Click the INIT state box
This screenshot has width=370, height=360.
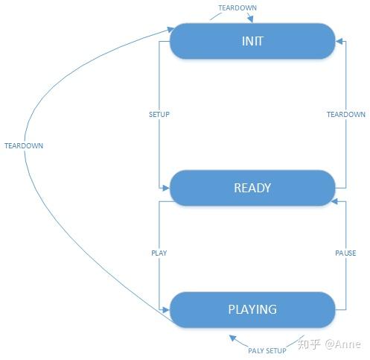(x=252, y=41)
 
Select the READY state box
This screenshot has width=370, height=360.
(x=252, y=188)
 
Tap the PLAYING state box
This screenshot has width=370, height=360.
(x=252, y=309)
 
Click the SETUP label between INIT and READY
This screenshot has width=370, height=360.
(x=159, y=115)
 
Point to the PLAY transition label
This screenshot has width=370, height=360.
(x=159, y=253)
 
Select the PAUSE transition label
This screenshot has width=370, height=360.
(x=345, y=253)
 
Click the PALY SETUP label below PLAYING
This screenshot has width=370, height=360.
(x=267, y=350)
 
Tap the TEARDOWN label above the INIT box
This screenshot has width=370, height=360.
(x=237, y=8)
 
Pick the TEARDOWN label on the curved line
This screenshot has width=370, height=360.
(x=24, y=145)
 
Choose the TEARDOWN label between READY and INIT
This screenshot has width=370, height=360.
(x=346, y=115)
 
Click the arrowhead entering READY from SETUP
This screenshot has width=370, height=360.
(x=166, y=188)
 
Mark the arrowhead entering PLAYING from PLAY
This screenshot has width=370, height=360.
(x=166, y=310)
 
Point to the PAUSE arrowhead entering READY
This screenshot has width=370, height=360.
(x=334, y=201)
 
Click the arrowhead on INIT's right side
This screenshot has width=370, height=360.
(x=339, y=41)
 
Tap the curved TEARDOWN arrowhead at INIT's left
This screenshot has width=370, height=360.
(x=170, y=30)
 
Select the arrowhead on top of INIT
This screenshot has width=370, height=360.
(x=250, y=19)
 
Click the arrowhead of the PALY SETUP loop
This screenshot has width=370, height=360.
(x=232, y=338)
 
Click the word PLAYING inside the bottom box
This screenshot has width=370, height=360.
(x=252, y=309)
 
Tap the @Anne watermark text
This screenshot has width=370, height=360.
(x=342, y=344)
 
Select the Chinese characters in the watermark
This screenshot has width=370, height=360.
(x=309, y=344)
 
